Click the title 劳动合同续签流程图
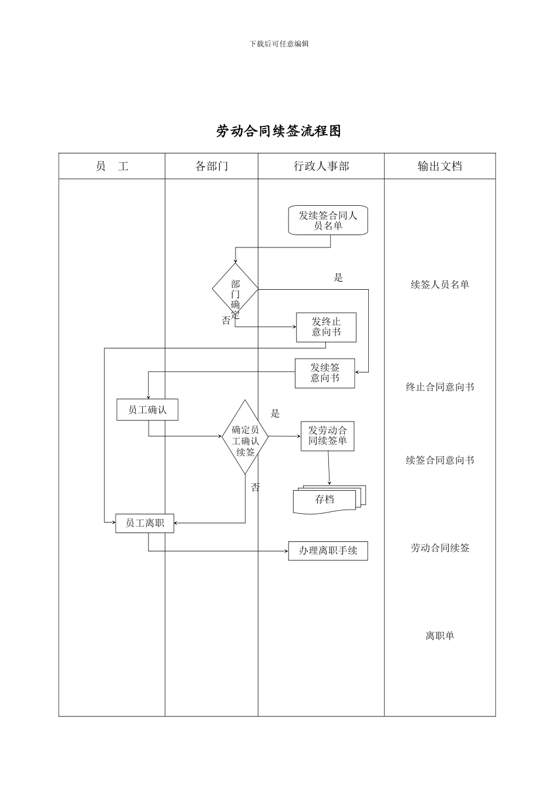point(278,131)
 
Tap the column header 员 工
point(112,166)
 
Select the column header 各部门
point(211,166)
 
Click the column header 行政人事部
point(321,166)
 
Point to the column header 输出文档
point(439,166)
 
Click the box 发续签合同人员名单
point(328,220)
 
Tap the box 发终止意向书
point(326,327)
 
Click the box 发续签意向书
point(325,373)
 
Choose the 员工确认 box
point(147,410)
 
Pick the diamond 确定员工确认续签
point(245,437)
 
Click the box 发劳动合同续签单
point(327,436)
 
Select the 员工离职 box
point(144,523)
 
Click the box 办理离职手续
point(328,551)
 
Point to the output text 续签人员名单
point(439,284)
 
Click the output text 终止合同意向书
point(439,387)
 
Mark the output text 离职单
point(439,635)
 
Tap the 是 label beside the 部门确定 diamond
point(338,277)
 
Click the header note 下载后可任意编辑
point(279,44)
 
